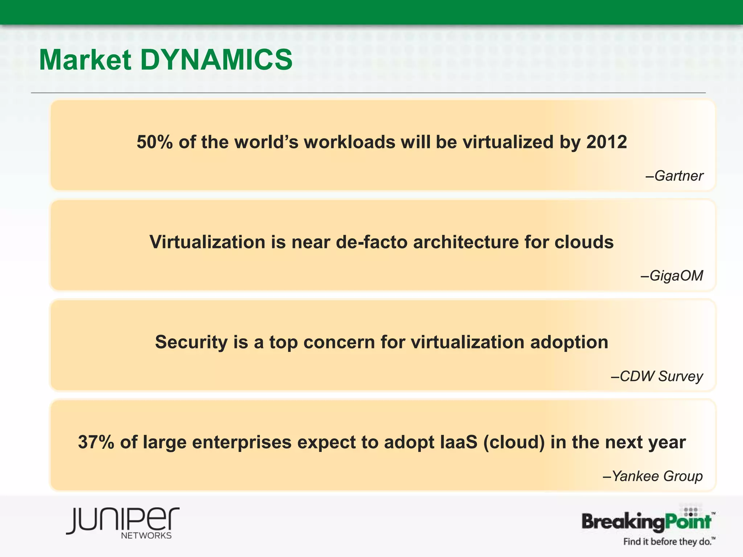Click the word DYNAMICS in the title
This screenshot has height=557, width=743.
tap(216, 60)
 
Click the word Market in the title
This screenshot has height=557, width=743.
tap(85, 60)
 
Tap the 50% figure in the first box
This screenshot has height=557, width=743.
tap(155, 142)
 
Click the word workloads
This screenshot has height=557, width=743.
tap(350, 142)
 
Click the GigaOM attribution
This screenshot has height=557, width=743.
tap(672, 276)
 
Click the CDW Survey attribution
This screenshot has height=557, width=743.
tap(657, 376)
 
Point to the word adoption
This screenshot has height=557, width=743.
tap(569, 342)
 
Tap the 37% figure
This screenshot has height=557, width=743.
tap(96, 442)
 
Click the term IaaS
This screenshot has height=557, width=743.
tap(459, 442)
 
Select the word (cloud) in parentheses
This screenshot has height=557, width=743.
tap(514, 442)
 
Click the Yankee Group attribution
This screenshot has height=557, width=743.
tap(653, 476)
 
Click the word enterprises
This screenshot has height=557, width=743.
tap(242, 442)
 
